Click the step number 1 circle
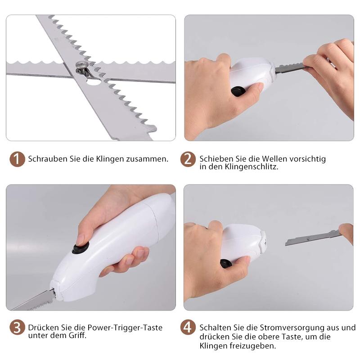point(17,159)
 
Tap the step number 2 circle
point(188,159)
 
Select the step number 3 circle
point(17,328)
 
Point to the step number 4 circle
point(188,328)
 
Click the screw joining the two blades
point(81,66)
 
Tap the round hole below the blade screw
point(93,82)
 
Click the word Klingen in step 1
point(110,159)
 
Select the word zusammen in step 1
point(147,159)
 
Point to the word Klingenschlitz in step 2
point(252,166)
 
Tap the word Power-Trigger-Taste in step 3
point(125,328)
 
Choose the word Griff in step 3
point(77,335)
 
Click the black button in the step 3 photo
point(81,248)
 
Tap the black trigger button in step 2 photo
point(238,91)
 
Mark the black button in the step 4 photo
point(226,264)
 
